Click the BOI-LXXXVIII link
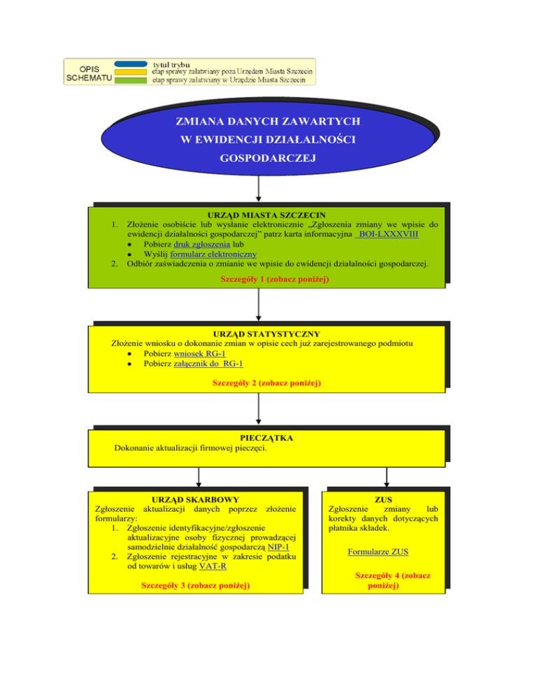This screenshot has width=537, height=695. point(387,234)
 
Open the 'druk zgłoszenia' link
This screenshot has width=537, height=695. point(202,244)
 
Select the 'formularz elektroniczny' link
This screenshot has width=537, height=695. point(213,254)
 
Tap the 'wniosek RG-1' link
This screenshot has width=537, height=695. point(199,354)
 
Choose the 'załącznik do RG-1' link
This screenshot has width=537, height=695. point(208,364)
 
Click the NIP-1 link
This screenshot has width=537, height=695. point(278,547)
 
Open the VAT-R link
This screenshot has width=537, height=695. point(213,566)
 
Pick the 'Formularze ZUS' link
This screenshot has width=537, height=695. point(378,552)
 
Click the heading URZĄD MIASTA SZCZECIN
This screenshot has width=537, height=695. point(266,215)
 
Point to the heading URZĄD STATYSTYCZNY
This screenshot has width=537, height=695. point(266,334)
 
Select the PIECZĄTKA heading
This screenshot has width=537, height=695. point(266,438)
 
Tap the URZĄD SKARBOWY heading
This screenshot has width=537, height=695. point(196,499)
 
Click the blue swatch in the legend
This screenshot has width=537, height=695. point(131,64)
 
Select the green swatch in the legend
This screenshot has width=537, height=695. point(131,80)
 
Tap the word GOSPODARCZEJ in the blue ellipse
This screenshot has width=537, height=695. point(268,158)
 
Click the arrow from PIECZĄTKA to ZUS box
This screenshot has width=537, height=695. point(387,477)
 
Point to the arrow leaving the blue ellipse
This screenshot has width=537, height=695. point(259,188)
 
